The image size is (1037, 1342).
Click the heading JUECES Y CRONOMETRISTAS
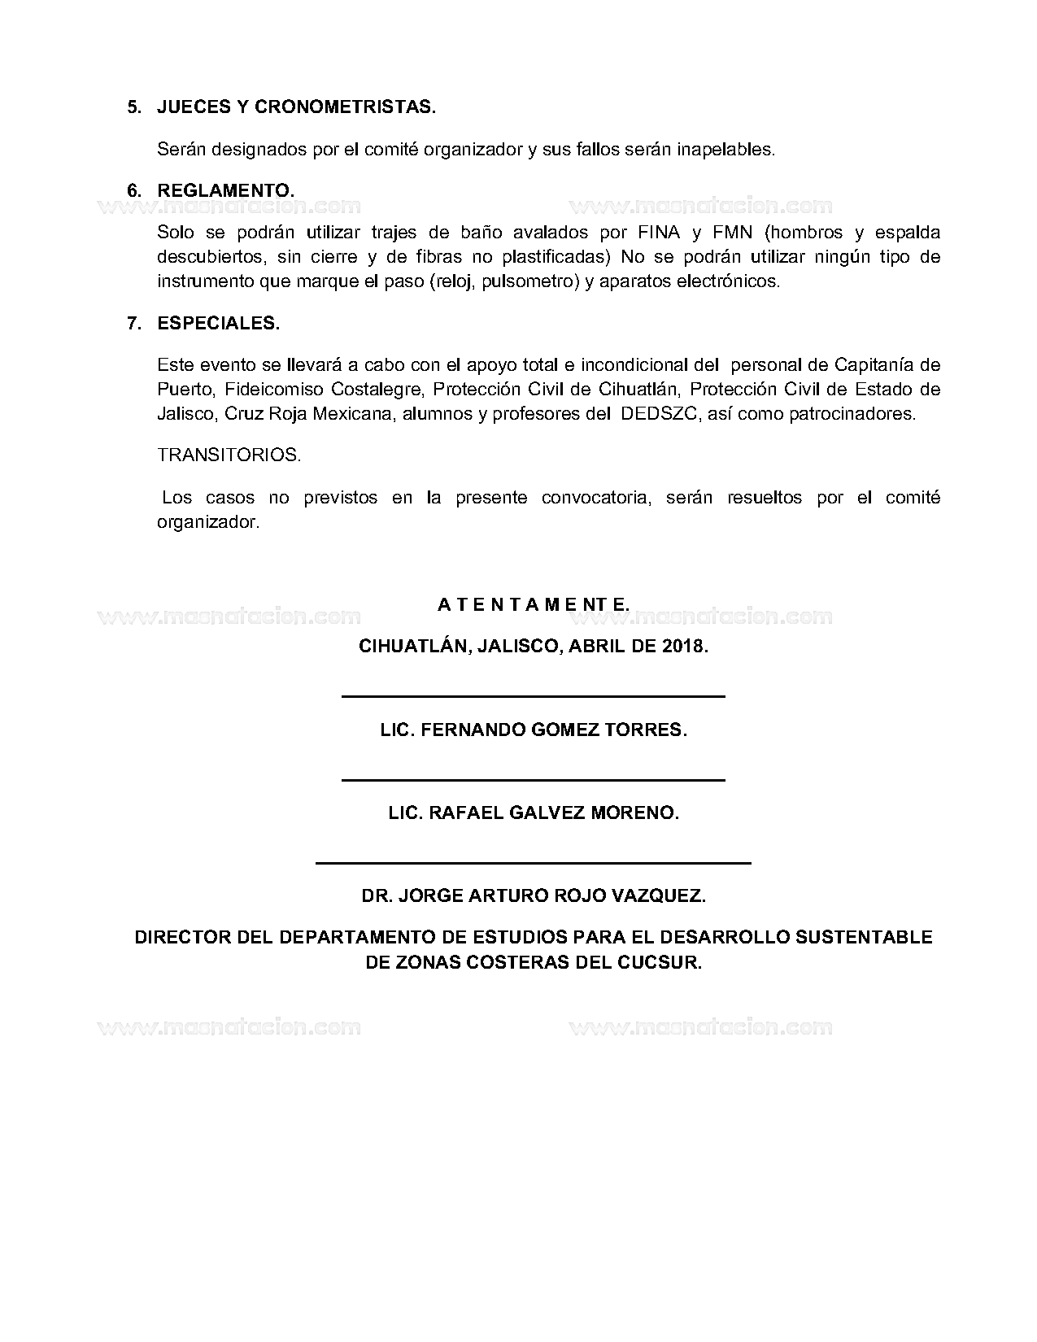click(296, 107)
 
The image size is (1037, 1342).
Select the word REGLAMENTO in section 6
click(224, 190)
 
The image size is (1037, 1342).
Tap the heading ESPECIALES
click(218, 323)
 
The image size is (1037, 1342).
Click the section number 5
click(134, 107)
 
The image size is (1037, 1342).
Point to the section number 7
click(134, 323)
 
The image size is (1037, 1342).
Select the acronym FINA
click(658, 233)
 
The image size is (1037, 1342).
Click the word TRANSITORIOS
click(229, 455)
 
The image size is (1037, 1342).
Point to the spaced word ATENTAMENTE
click(533, 605)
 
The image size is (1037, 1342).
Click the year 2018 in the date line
click(684, 647)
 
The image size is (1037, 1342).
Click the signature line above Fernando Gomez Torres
click(533, 696)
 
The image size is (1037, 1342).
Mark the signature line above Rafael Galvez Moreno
click(533, 780)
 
